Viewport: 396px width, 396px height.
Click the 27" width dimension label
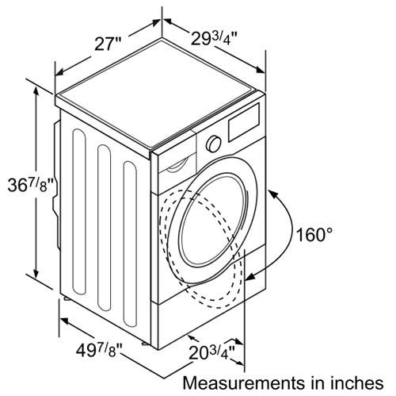(108, 44)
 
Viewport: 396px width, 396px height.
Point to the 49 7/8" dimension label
(99, 350)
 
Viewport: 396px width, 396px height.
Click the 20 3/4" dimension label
(211, 352)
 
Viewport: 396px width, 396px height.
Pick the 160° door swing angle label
(314, 234)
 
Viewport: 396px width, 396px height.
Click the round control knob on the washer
(214, 144)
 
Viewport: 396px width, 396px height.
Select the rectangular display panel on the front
(243, 122)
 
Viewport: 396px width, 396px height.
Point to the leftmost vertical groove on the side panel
(79, 212)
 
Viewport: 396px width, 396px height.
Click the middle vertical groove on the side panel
(104, 228)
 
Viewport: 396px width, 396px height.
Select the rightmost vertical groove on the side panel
(130, 244)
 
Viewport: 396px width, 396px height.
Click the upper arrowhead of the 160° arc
(273, 194)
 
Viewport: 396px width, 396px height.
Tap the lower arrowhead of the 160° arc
(251, 276)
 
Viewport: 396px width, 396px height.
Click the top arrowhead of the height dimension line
(36, 91)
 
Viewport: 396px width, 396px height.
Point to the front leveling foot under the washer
(145, 344)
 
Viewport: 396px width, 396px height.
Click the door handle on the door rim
(245, 209)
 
